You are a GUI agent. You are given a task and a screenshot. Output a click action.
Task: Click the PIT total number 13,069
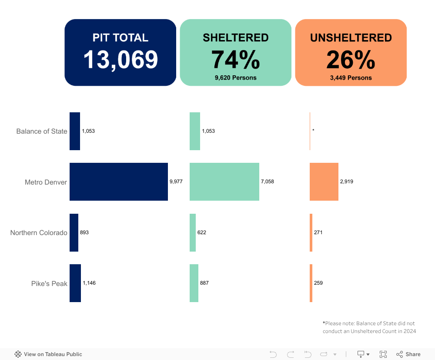click(x=120, y=60)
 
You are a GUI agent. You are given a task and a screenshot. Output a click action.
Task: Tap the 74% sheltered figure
click(x=235, y=60)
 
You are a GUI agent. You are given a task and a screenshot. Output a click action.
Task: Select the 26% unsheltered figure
click(x=351, y=60)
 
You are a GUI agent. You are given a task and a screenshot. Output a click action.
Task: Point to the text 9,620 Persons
click(x=235, y=78)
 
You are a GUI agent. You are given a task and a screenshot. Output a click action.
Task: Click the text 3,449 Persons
click(x=351, y=78)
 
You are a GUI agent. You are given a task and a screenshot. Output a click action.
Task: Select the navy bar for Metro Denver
click(x=119, y=182)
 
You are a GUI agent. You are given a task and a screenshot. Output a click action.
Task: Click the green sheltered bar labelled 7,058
click(x=224, y=182)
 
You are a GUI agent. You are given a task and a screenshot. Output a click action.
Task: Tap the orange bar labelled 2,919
click(x=324, y=182)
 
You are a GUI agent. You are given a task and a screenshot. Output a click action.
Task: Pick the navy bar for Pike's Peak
click(x=75, y=283)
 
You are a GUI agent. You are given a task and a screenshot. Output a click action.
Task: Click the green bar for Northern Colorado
click(x=193, y=232)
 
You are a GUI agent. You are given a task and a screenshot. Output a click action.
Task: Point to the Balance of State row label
click(x=42, y=131)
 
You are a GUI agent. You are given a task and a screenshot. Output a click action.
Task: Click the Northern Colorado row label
click(x=39, y=232)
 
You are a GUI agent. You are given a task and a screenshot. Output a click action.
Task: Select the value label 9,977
click(x=176, y=182)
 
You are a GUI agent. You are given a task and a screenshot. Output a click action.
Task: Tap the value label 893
click(x=84, y=232)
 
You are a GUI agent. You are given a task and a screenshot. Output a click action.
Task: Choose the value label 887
click(x=204, y=283)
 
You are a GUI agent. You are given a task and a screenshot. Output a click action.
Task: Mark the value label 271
click(x=318, y=232)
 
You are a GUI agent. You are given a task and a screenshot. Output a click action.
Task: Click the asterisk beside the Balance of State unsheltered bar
click(x=313, y=131)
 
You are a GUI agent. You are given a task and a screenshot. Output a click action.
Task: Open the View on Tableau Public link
click(x=48, y=354)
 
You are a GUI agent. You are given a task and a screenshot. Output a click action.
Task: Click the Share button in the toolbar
click(x=408, y=354)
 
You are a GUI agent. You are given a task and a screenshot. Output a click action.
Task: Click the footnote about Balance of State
click(x=369, y=327)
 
